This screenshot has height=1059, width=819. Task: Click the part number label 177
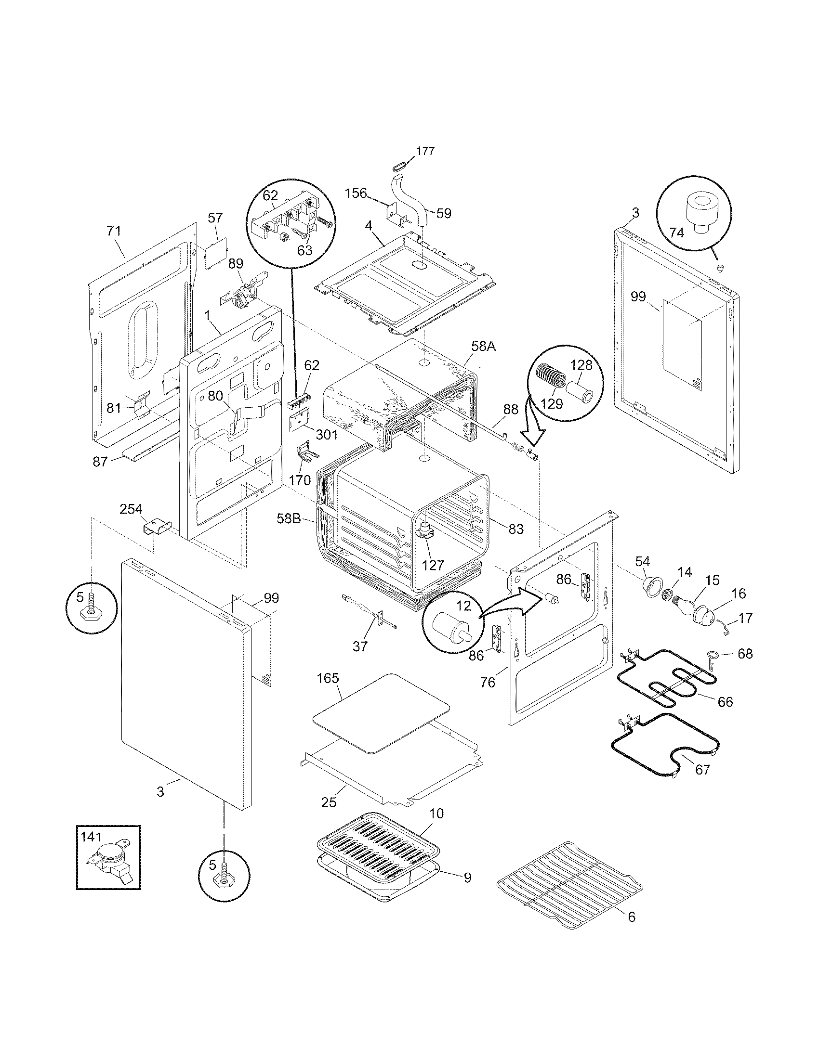click(x=425, y=151)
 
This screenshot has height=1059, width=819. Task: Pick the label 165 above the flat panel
click(x=328, y=678)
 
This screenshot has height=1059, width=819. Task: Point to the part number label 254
click(x=131, y=509)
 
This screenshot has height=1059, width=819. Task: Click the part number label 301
click(x=327, y=435)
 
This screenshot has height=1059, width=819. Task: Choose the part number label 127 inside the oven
click(x=433, y=565)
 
